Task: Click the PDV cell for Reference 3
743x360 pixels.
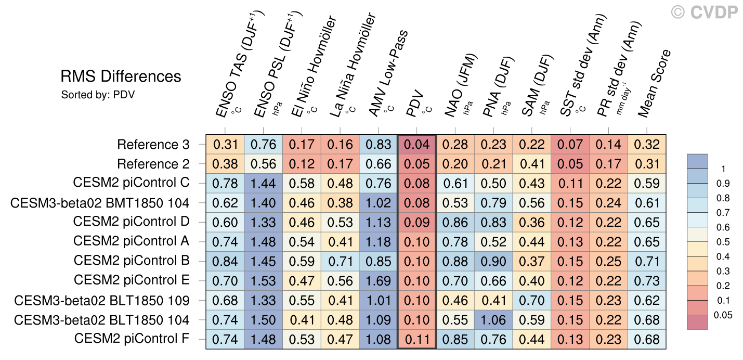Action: [x=416, y=145]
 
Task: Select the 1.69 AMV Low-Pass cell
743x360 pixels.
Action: [x=378, y=281]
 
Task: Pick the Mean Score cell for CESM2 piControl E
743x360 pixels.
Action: [x=647, y=281]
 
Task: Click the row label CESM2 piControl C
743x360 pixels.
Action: [x=131, y=184]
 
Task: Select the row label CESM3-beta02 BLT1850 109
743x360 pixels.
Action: [x=102, y=301]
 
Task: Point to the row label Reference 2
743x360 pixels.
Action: [x=153, y=164]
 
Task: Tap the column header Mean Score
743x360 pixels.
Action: [x=655, y=83]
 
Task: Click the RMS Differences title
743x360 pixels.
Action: [x=121, y=77]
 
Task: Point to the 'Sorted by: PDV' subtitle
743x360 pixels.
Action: [x=98, y=95]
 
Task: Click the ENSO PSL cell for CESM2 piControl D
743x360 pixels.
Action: [x=263, y=223]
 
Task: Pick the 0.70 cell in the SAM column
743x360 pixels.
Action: [x=531, y=301]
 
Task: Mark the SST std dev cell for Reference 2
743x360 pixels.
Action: [x=570, y=164]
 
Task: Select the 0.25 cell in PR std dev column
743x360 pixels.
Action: [x=608, y=262]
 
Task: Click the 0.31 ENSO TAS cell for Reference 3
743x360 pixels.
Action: [x=225, y=145]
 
